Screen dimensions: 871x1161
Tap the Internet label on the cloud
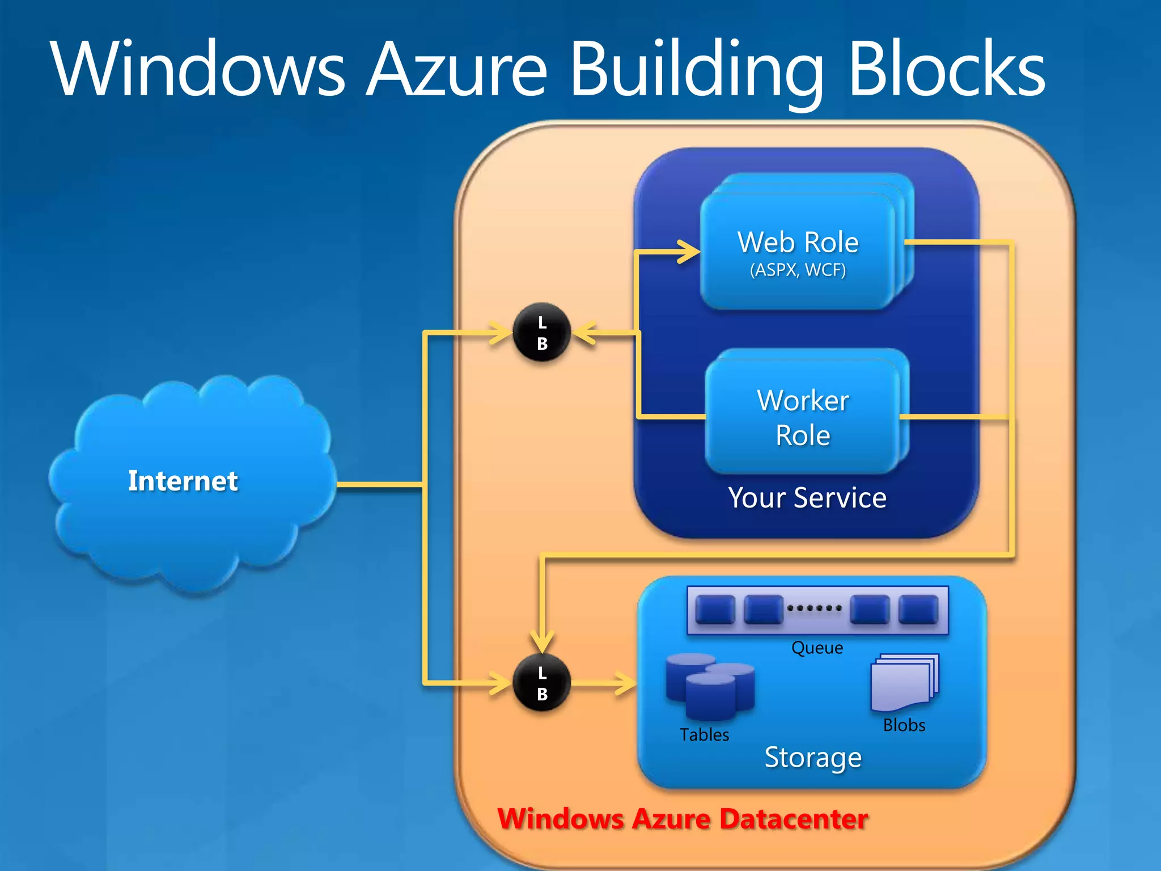(x=183, y=481)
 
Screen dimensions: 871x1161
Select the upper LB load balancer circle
(x=541, y=332)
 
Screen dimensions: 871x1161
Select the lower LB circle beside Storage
(x=541, y=683)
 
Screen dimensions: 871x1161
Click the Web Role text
(x=798, y=243)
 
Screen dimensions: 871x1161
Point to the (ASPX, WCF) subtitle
(x=798, y=270)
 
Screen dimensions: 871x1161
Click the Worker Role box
(x=803, y=417)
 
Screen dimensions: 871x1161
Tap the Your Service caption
(x=807, y=498)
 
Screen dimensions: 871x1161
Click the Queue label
(x=817, y=648)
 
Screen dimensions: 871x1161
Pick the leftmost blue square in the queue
(x=715, y=609)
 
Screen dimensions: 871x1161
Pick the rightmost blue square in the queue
(x=918, y=609)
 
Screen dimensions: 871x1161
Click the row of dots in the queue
(x=814, y=608)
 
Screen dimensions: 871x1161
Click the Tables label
(x=704, y=735)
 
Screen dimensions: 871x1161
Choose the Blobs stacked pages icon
(x=904, y=683)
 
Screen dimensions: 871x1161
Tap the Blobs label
(x=904, y=725)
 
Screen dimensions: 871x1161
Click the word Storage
(x=813, y=758)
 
